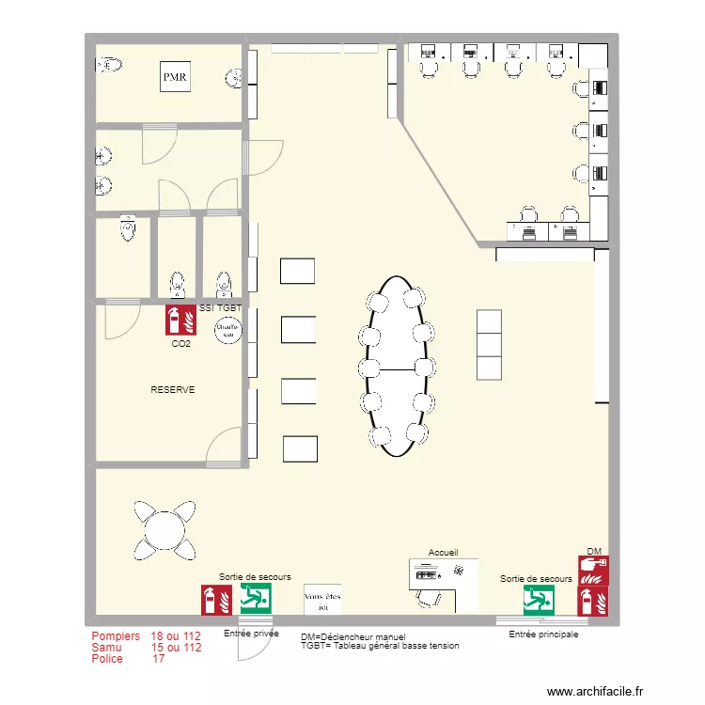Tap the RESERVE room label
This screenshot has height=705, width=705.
[x=173, y=389]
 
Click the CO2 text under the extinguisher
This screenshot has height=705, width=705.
[x=180, y=344]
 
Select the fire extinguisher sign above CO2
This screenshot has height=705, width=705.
[x=180, y=321]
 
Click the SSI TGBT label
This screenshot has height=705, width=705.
[x=220, y=307]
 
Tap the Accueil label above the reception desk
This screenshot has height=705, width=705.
[x=443, y=553]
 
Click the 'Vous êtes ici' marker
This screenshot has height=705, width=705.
[x=322, y=600]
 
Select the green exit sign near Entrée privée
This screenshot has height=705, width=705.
[x=256, y=599]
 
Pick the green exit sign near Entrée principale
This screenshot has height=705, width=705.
[x=539, y=600]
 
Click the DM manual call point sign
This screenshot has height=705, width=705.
[x=594, y=569]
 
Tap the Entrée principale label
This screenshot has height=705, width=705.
[x=543, y=634]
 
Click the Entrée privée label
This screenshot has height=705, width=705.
[x=251, y=634]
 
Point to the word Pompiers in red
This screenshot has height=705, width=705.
[x=116, y=636]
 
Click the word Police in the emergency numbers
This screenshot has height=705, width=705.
[x=107, y=659]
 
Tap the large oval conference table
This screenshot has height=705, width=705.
[x=398, y=367]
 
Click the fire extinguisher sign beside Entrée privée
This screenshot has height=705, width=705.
[x=216, y=600]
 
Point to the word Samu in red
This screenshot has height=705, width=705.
[x=106, y=648]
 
